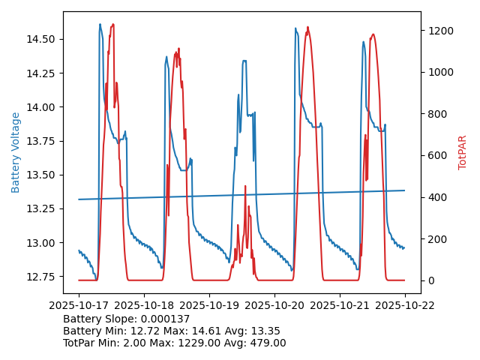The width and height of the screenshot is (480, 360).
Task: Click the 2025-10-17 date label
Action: pyautogui.click(x=79, y=305)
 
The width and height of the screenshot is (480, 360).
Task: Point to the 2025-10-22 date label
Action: pyautogui.click(x=405, y=305)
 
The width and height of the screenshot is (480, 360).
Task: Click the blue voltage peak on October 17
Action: pyautogui.click(x=100, y=24)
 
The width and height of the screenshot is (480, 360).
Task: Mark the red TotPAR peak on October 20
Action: pyautogui.click(x=308, y=27)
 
